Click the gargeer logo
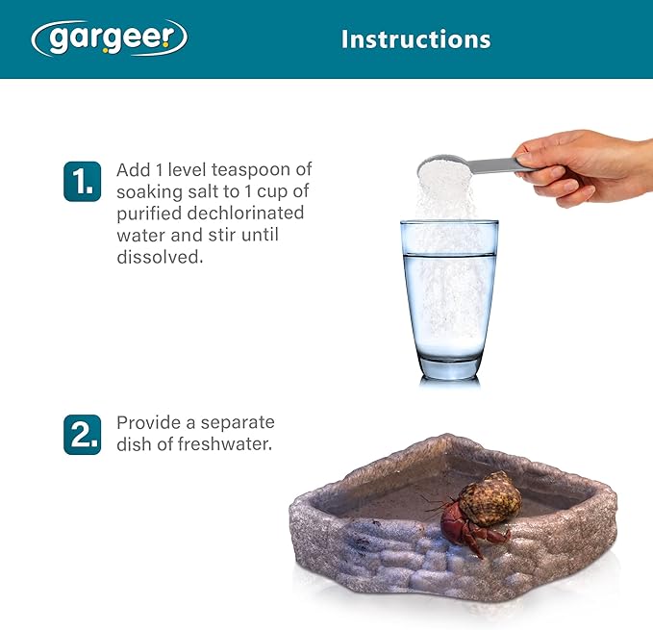(109, 38)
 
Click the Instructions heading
(415, 39)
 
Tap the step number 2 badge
(82, 434)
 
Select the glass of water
(448, 298)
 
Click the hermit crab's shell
(489, 499)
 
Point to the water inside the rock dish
(394, 491)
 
